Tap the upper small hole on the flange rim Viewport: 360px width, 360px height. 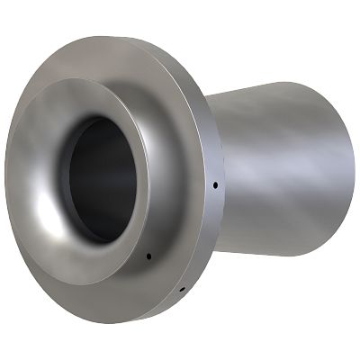click(216, 186)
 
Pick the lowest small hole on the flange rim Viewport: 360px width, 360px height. click(181, 290)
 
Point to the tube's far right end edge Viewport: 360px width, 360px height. click(353, 167)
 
